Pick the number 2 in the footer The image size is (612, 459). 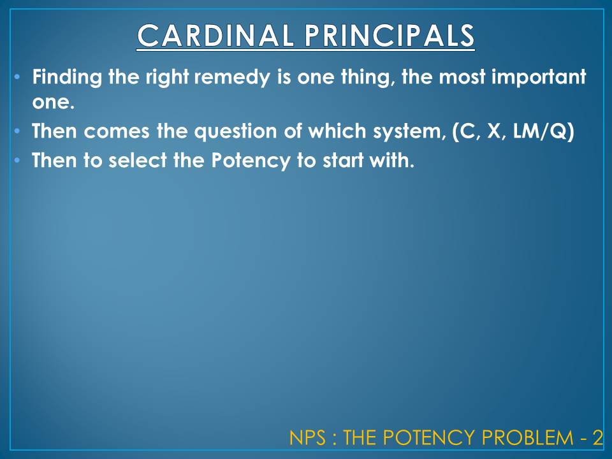(597, 438)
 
